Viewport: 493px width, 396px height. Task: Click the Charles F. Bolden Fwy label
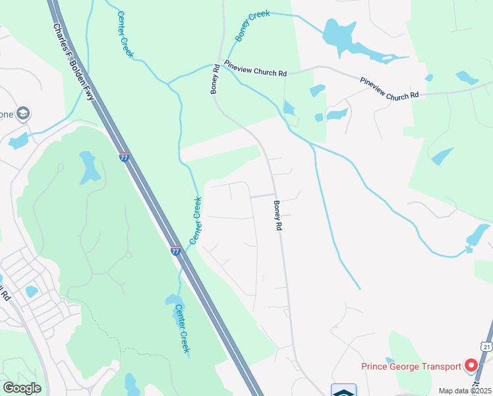(x=74, y=63)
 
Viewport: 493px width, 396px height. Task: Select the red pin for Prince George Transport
(x=471, y=364)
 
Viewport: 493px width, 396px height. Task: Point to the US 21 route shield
(x=486, y=346)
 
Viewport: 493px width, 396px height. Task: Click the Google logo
(x=22, y=387)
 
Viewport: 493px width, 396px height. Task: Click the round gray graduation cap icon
(x=24, y=114)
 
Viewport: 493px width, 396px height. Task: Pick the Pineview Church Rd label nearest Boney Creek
(x=255, y=69)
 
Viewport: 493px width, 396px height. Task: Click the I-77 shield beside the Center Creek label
(x=175, y=250)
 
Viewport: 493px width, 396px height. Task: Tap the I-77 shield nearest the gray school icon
(x=124, y=157)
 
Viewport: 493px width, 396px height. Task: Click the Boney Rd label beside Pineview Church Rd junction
(x=216, y=79)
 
